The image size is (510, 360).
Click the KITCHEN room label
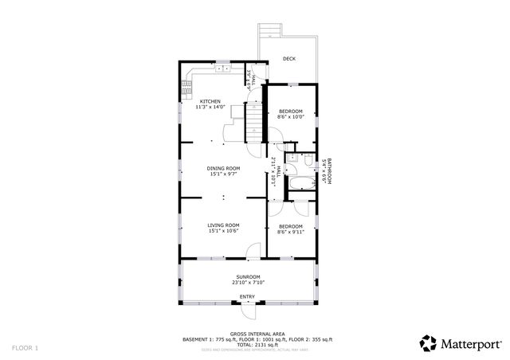(210, 102)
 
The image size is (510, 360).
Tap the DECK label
(288, 58)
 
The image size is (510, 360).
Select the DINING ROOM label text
(223, 168)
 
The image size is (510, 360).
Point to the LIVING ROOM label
(223, 225)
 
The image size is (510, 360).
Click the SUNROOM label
(248, 277)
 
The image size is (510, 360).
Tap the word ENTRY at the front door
(248, 297)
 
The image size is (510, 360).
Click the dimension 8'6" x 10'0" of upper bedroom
(290, 117)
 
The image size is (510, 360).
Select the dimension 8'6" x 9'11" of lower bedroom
(290, 232)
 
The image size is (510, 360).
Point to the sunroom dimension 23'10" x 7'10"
(248, 283)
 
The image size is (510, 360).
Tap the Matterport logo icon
(428, 343)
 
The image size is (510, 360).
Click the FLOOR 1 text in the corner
(25, 348)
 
